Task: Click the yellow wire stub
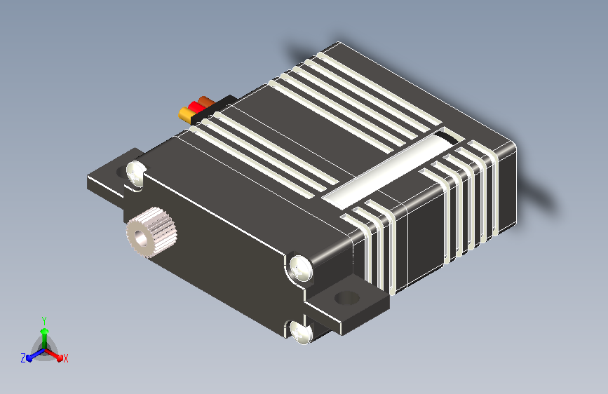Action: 185,114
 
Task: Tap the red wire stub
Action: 195,107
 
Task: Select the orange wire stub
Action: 205,102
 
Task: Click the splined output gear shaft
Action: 151,232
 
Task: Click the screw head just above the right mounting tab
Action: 301,268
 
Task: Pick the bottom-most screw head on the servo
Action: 300,332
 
